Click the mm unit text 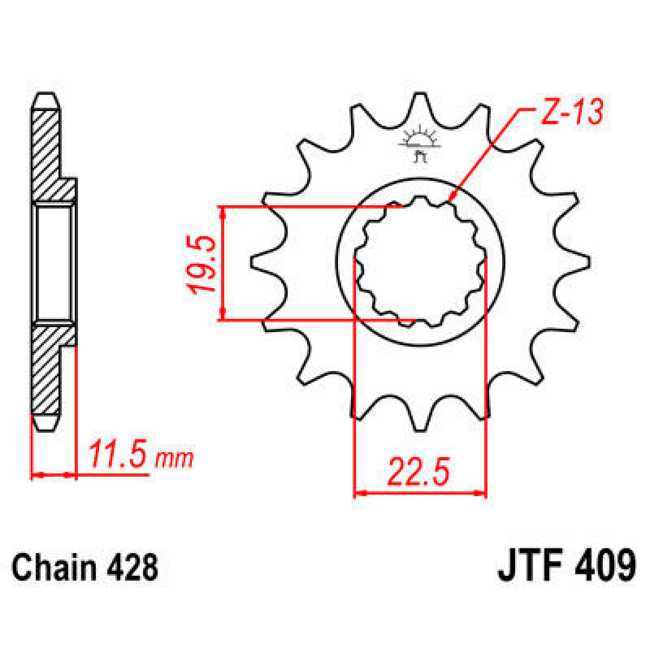click(174, 459)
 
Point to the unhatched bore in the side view click(53, 263)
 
